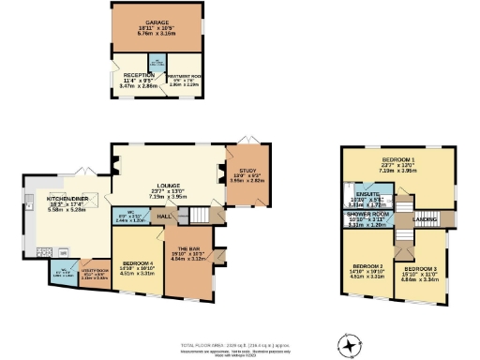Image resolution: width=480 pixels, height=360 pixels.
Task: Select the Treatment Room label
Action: [x=184, y=80]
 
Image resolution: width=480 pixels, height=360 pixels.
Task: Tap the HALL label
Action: [x=163, y=217]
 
